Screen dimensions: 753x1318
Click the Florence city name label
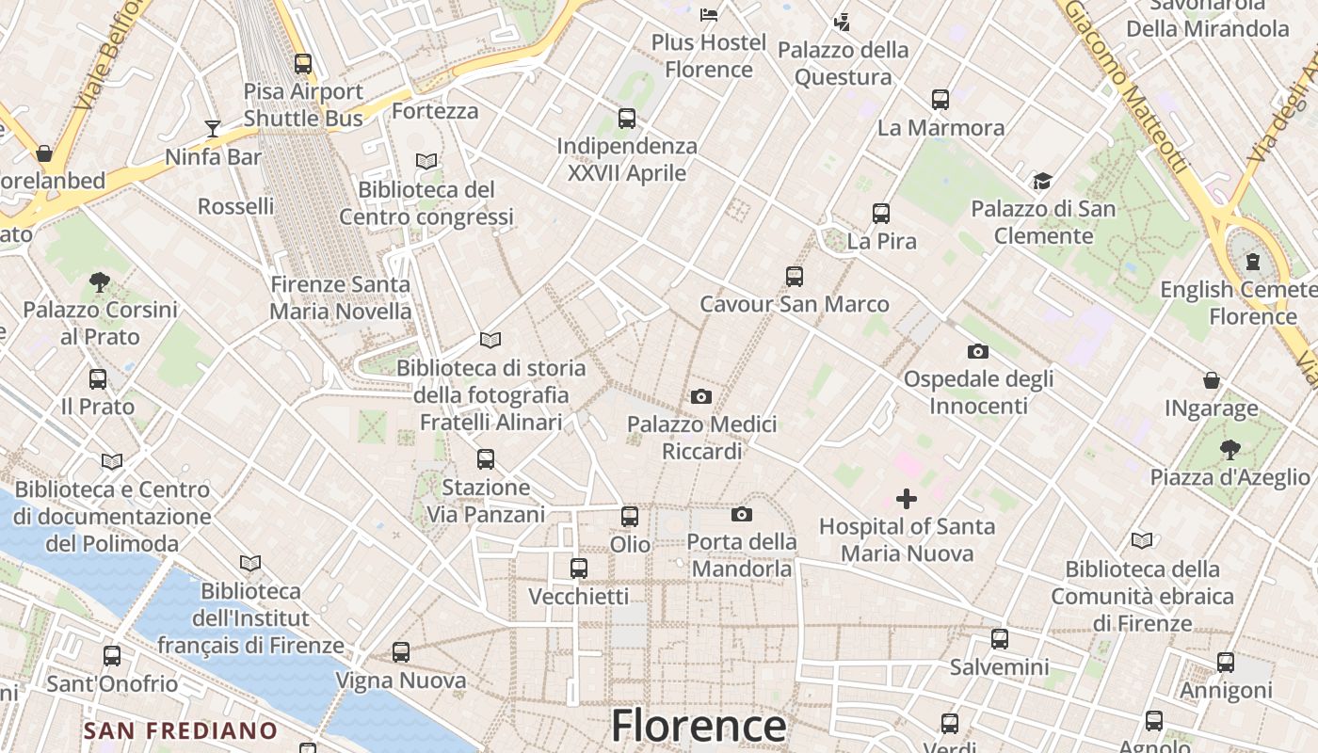tap(699, 727)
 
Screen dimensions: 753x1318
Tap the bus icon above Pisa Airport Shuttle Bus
tap(302, 64)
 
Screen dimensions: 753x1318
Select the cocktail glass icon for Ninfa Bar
tap(213, 128)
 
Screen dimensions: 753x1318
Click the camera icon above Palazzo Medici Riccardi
tap(700, 396)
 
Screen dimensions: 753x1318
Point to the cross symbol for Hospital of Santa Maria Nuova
tap(906, 498)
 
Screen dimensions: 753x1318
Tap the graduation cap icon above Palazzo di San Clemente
tap(1041, 181)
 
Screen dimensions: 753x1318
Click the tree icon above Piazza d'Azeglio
tap(1229, 449)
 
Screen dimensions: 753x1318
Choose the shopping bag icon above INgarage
tap(1212, 380)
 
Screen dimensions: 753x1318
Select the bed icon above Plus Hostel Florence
tap(709, 15)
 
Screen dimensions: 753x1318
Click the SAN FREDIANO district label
tap(180, 730)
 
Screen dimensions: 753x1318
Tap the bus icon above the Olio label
tap(629, 516)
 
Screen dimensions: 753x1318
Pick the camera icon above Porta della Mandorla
tap(741, 514)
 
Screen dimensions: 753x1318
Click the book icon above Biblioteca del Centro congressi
tap(426, 161)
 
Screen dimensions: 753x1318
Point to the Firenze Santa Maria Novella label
tap(340, 297)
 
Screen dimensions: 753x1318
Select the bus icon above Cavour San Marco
tap(794, 276)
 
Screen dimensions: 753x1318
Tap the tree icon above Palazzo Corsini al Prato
tap(100, 281)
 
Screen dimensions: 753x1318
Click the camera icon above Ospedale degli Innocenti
tap(977, 351)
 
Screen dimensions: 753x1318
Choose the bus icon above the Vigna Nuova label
tap(401, 651)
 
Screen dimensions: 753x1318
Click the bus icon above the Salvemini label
tap(999, 639)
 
